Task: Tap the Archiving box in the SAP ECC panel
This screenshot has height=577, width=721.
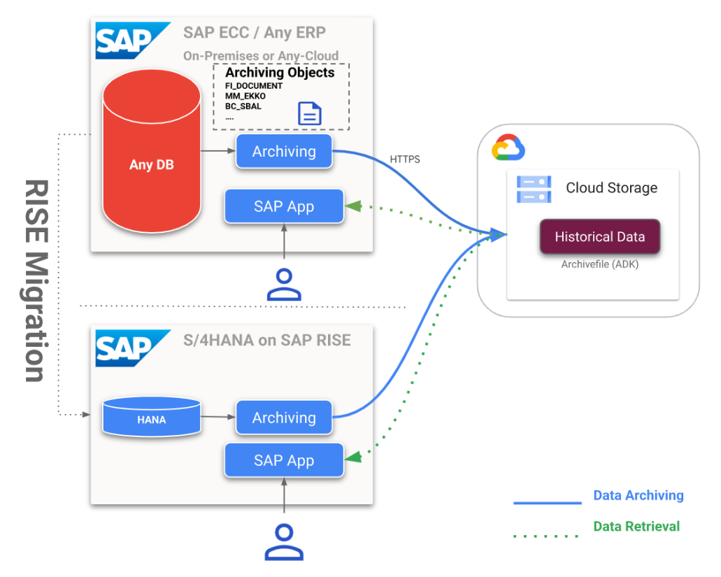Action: [284, 151]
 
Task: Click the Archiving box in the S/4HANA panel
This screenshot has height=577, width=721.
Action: [284, 418]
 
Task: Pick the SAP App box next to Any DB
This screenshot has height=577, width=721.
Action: [284, 206]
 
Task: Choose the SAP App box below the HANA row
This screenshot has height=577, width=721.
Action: [284, 460]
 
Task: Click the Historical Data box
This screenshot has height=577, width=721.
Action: [599, 236]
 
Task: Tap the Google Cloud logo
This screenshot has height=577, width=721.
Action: [508, 148]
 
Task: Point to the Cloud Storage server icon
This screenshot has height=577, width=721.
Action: [534, 189]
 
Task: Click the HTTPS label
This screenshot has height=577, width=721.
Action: [405, 159]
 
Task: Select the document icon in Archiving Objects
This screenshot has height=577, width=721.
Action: [310, 113]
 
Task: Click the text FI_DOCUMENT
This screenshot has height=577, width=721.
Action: [254, 86]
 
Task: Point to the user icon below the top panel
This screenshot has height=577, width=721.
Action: [284, 284]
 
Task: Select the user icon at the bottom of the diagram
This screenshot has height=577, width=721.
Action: [284, 541]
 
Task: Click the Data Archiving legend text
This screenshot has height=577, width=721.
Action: [638, 496]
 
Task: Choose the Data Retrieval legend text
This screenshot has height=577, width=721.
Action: [636, 526]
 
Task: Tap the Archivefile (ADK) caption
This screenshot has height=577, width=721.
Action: [599, 265]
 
